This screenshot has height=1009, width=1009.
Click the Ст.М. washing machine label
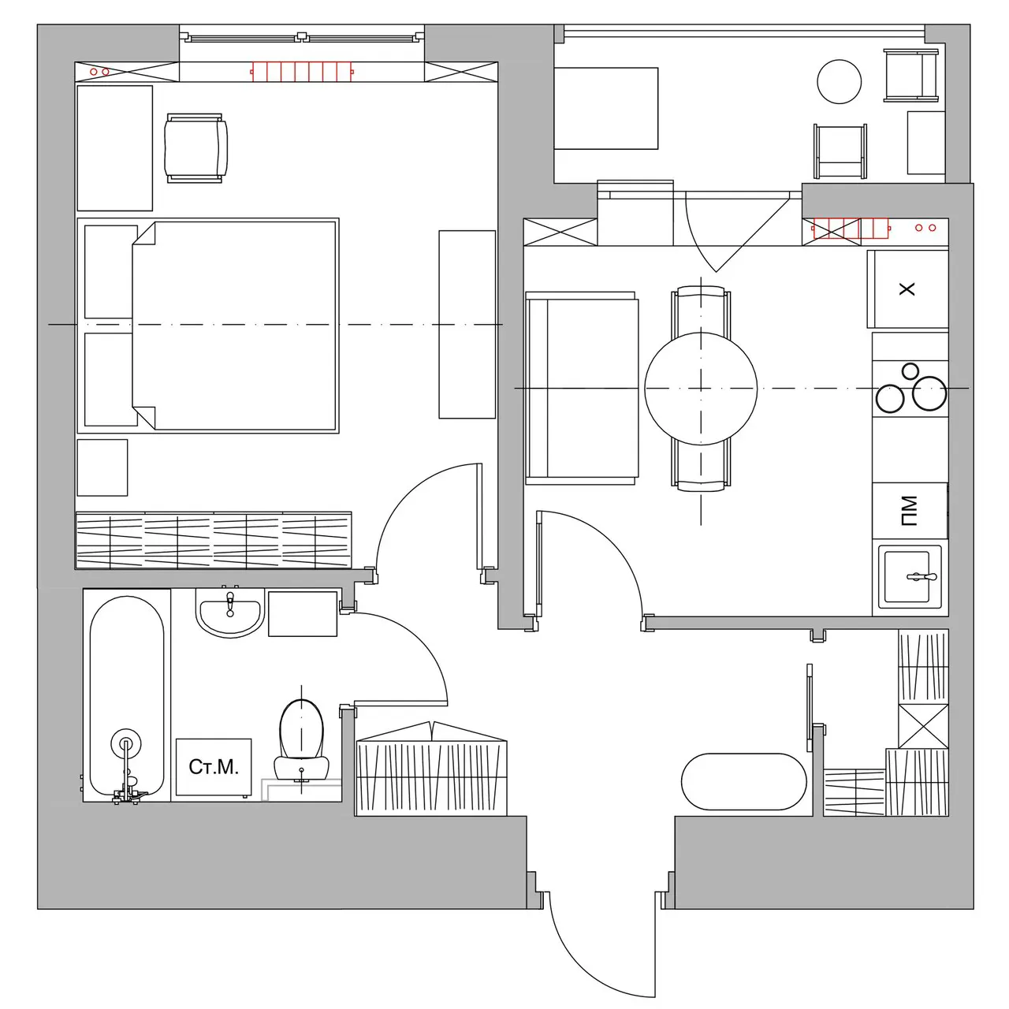(x=213, y=766)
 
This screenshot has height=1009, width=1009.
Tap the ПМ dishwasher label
(x=909, y=511)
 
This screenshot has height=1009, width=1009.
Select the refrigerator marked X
(x=907, y=289)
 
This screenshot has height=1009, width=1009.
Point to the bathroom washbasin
(x=230, y=612)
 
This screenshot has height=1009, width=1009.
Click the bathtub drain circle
(x=125, y=743)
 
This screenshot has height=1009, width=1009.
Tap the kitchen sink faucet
(x=922, y=577)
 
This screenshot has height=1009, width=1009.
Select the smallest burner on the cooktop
(x=910, y=371)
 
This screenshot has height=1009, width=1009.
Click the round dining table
(x=701, y=388)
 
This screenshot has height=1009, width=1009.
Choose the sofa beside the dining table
(x=582, y=388)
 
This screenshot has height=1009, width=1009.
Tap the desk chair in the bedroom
(x=195, y=148)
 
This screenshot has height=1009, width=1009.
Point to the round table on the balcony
(x=839, y=82)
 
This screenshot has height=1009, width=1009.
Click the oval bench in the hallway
(x=743, y=781)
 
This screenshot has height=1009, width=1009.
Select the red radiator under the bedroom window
(x=302, y=71)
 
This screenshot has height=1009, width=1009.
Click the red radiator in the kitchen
(x=851, y=228)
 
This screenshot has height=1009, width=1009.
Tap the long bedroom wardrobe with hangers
(x=214, y=541)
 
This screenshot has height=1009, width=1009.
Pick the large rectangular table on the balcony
(x=606, y=108)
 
